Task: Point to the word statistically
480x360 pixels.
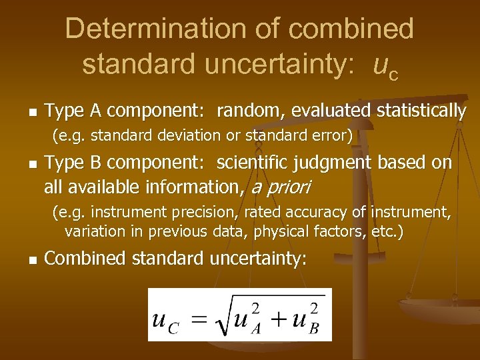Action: [x=421, y=111]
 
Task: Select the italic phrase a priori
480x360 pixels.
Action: [x=280, y=187]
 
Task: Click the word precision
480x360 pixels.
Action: [x=187, y=213]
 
